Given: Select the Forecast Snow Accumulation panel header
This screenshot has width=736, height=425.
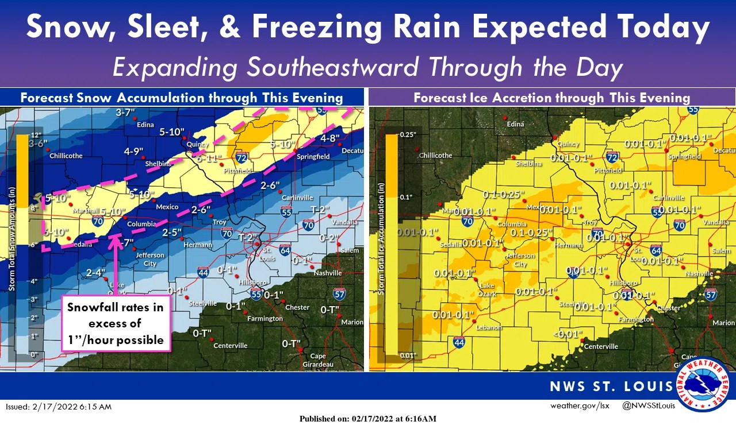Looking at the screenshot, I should (182, 97).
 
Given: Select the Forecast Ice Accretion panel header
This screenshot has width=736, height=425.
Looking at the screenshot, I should (551, 97).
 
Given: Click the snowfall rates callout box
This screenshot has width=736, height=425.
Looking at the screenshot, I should (116, 323).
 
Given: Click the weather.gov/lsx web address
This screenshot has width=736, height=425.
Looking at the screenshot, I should (580, 406).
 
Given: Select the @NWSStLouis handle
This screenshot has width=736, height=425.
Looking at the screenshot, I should (648, 406).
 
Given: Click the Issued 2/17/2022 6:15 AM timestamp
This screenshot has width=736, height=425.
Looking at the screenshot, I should (59, 407).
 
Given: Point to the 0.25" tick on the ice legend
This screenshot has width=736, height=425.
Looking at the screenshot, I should (407, 134).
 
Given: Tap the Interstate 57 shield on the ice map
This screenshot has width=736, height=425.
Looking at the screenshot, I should (711, 295).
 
